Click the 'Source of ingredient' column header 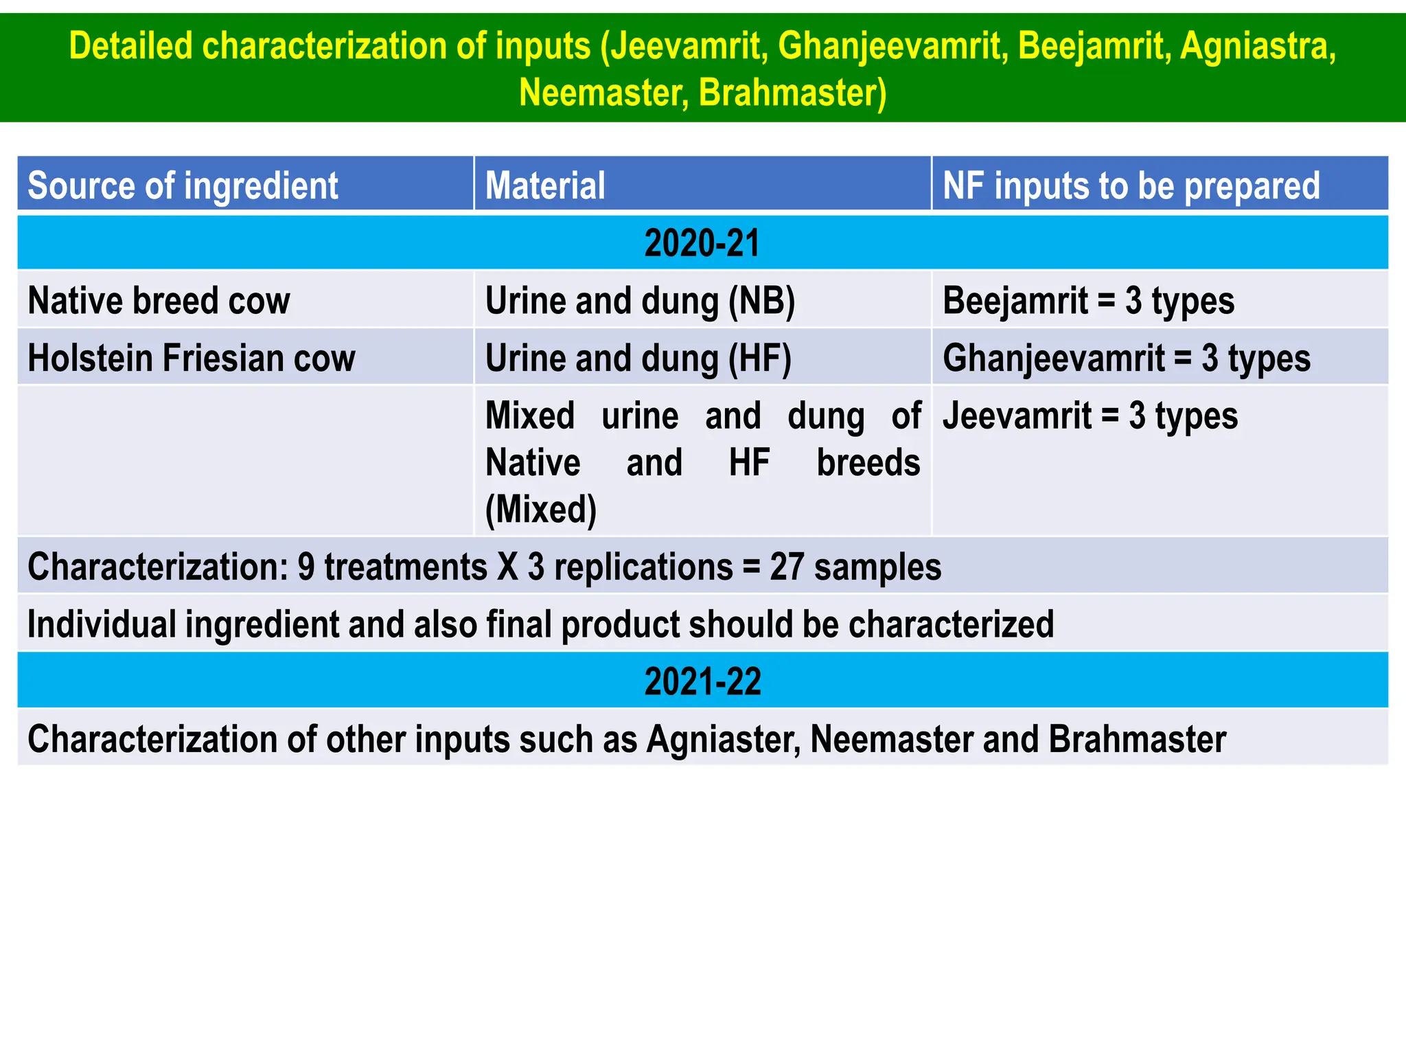(183, 185)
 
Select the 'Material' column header (545, 185)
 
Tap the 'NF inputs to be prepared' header (1131, 185)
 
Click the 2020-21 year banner (702, 243)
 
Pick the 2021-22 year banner (702, 681)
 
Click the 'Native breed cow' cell (159, 301)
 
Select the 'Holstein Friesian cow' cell (192, 359)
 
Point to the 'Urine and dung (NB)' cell (640, 301)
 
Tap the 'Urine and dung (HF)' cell (638, 359)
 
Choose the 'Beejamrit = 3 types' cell (1088, 301)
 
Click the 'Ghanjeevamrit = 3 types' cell (1126, 359)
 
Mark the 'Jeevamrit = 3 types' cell (1090, 416)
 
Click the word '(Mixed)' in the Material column (541, 510)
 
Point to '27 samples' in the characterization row (855, 567)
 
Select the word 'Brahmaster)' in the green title (792, 93)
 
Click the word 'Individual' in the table (102, 624)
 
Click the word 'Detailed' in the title (130, 47)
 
